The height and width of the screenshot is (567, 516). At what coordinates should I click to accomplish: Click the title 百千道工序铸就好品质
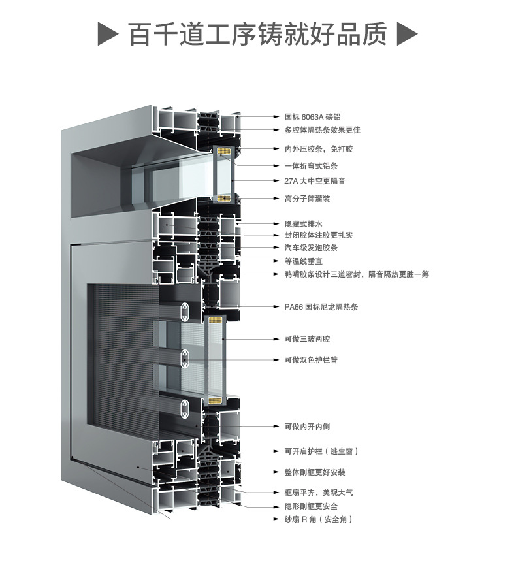point(257,34)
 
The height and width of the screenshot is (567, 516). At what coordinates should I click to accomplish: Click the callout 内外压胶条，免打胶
point(318,149)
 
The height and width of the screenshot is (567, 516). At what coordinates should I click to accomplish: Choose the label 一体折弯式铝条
point(310,166)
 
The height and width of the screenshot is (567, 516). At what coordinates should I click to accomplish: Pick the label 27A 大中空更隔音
point(314,181)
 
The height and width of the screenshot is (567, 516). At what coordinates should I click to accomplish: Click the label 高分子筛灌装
point(306,198)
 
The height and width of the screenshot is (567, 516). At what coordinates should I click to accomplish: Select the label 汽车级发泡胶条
point(310,248)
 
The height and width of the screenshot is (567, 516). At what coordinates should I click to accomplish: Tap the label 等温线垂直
point(302,261)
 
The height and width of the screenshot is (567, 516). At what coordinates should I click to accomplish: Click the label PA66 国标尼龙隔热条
point(321,306)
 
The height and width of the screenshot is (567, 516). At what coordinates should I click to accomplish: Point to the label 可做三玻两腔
point(306,339)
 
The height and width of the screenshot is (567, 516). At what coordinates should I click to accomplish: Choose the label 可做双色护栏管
point(310,359)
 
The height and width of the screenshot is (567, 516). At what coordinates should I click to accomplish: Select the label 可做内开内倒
point(306,426)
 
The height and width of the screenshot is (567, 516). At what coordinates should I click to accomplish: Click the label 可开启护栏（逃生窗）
point(320,451)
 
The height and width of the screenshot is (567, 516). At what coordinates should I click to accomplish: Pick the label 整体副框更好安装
point(314,472)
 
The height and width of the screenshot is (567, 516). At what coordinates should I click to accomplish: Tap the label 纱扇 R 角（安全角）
point(317,519)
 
